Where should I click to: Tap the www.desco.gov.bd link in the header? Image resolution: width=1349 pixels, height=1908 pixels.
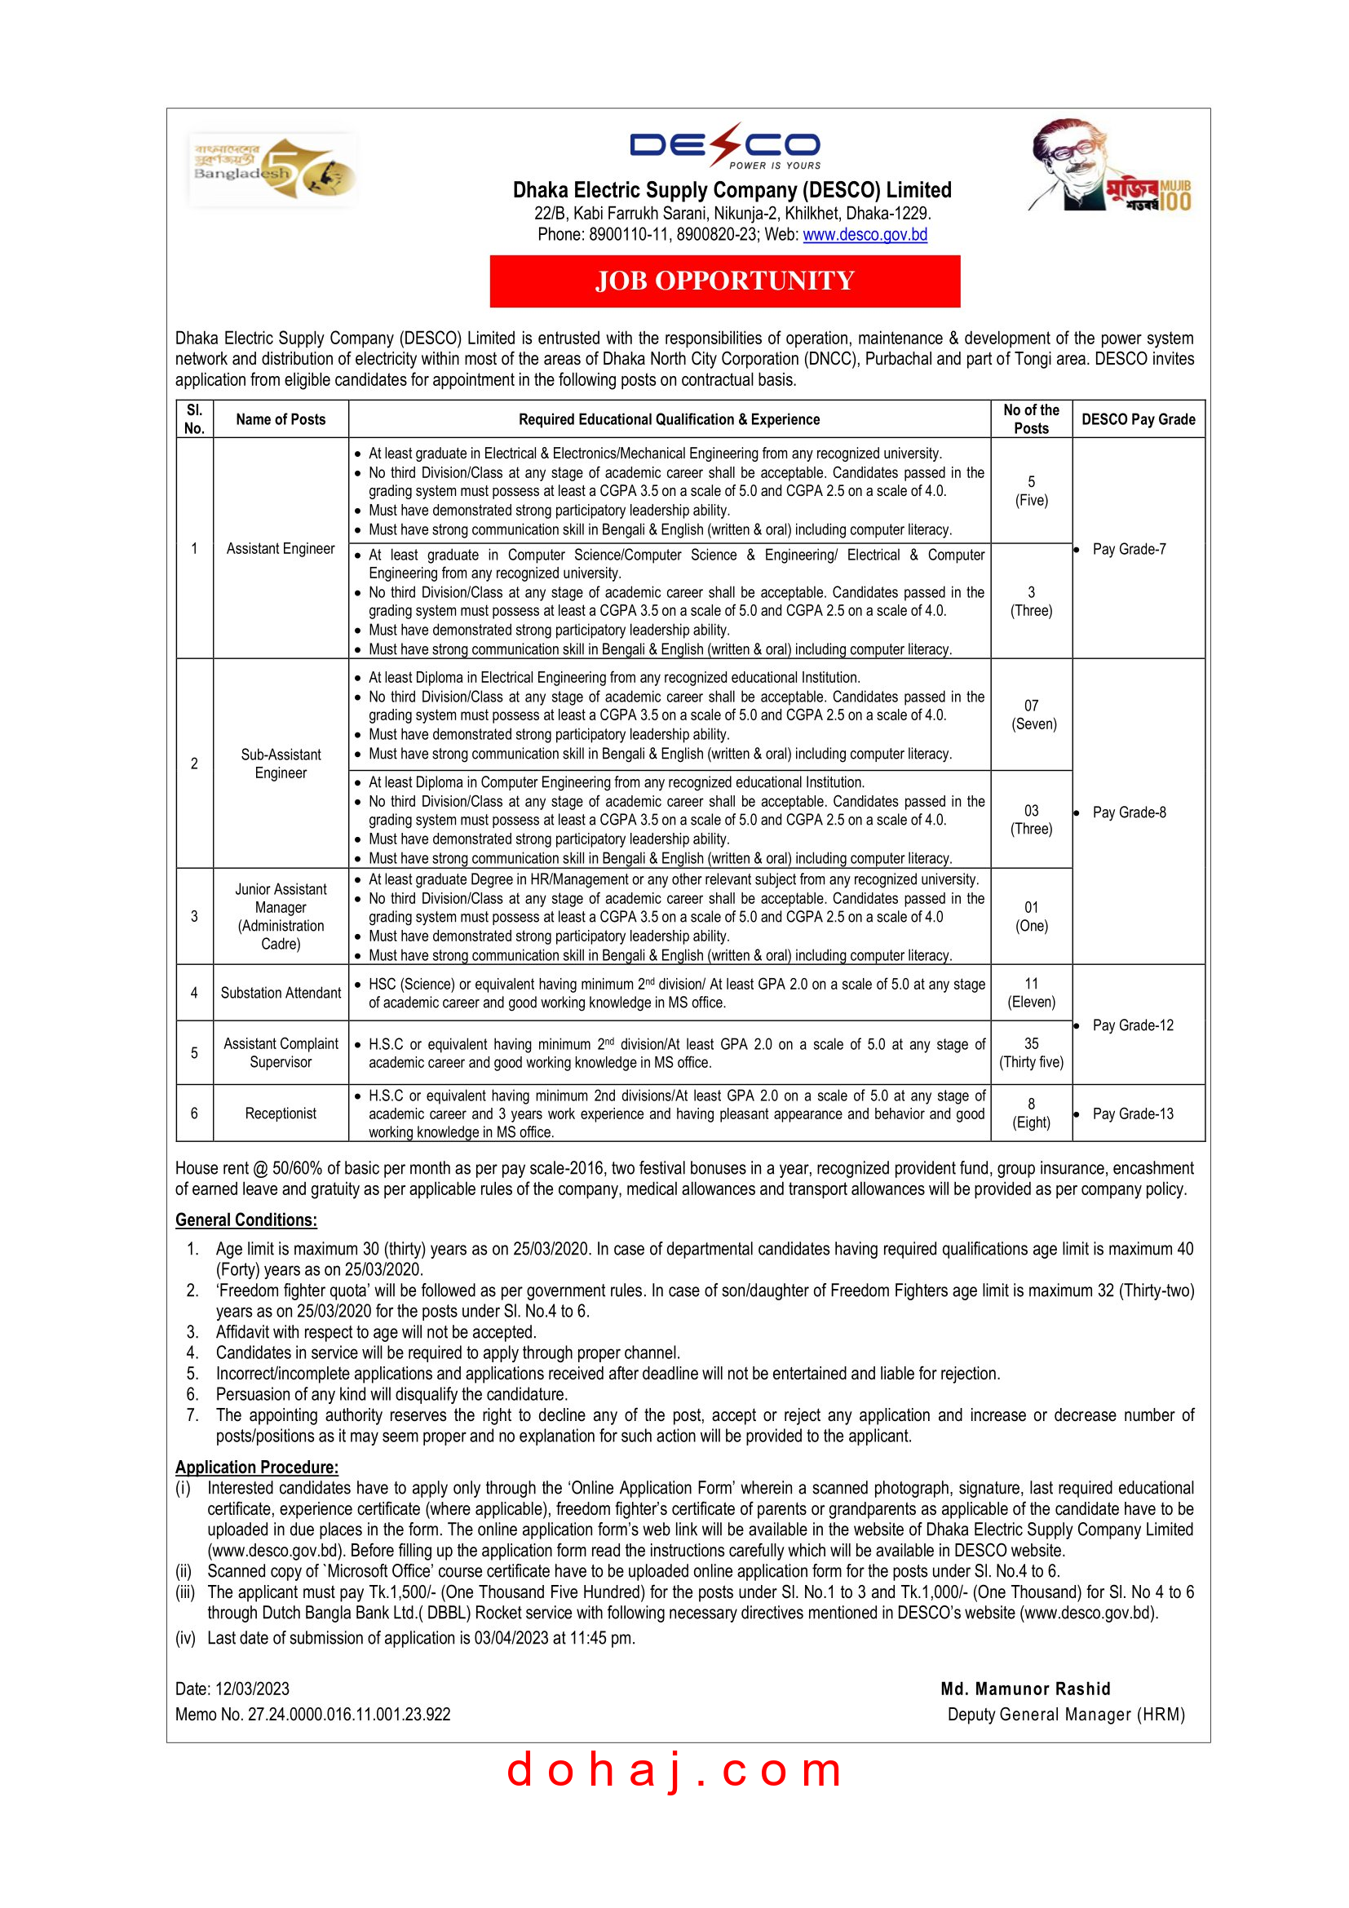865,235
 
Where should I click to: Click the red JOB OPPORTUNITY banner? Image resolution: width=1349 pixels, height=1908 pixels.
724,281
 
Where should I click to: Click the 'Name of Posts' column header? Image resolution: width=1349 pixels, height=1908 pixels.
281,419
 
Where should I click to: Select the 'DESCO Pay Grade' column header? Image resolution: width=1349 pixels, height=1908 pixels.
1138,419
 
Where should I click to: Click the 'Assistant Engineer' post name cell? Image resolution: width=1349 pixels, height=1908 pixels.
281,548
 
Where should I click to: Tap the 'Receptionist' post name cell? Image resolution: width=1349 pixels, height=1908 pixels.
281,1113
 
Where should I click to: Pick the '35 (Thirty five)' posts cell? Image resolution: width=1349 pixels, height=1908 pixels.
1031,1053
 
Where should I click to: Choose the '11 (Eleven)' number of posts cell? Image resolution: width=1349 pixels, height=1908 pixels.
1031,993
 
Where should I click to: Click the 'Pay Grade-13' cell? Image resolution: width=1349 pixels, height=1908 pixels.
1133,1113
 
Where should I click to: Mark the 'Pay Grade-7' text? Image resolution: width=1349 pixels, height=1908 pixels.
1129,549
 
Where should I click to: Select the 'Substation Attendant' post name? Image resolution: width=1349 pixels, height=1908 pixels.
281,993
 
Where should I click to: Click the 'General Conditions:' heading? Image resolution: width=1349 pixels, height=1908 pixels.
245,1220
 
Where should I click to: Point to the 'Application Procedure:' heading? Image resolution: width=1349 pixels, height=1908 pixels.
257,1468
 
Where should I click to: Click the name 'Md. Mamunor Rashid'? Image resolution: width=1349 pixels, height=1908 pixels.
1025,1689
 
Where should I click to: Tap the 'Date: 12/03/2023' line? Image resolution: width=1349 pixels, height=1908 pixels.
232,1689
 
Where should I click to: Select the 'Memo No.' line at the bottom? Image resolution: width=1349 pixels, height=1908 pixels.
312,1715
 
